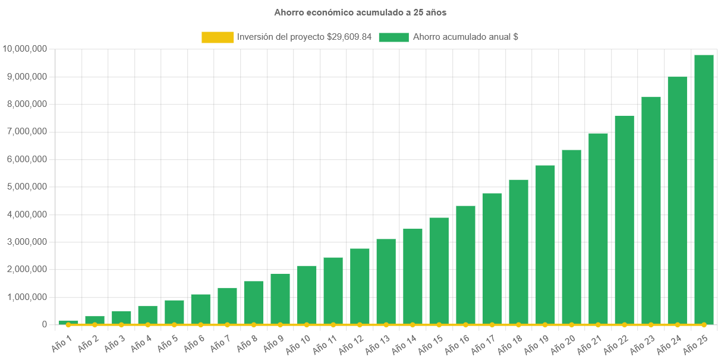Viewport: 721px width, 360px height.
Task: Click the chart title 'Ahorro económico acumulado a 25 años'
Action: coord(360,12)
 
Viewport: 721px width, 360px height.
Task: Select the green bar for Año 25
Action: coord(704,190)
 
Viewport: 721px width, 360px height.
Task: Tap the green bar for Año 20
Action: coord(571,238)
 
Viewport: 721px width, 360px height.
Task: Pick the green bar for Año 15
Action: coord(439,271)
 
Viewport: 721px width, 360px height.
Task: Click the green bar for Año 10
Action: coord(307,295)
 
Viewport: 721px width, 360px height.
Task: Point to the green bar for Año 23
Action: coord(651,211)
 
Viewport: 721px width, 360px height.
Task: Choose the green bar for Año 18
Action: coord(518,252)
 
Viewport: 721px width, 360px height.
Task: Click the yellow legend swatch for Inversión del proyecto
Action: coord(218,37)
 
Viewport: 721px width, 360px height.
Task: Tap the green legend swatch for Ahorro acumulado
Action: coord(393,37)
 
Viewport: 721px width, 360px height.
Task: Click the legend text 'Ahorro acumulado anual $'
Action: coord(465,37)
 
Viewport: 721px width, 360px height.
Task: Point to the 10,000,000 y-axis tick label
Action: coord(25,49)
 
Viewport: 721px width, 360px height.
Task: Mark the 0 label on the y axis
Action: coord(45,324)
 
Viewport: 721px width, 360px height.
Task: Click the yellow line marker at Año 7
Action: coord(227,325)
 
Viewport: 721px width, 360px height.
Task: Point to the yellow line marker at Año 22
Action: coord(624,325)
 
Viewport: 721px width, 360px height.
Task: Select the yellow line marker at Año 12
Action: coord(360,325)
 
